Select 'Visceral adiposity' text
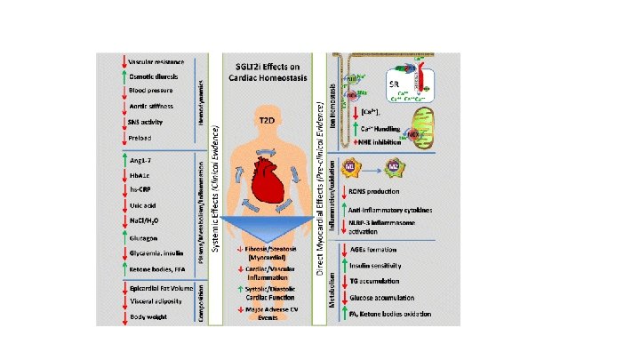pyautogui.click(x=154, y=301)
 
